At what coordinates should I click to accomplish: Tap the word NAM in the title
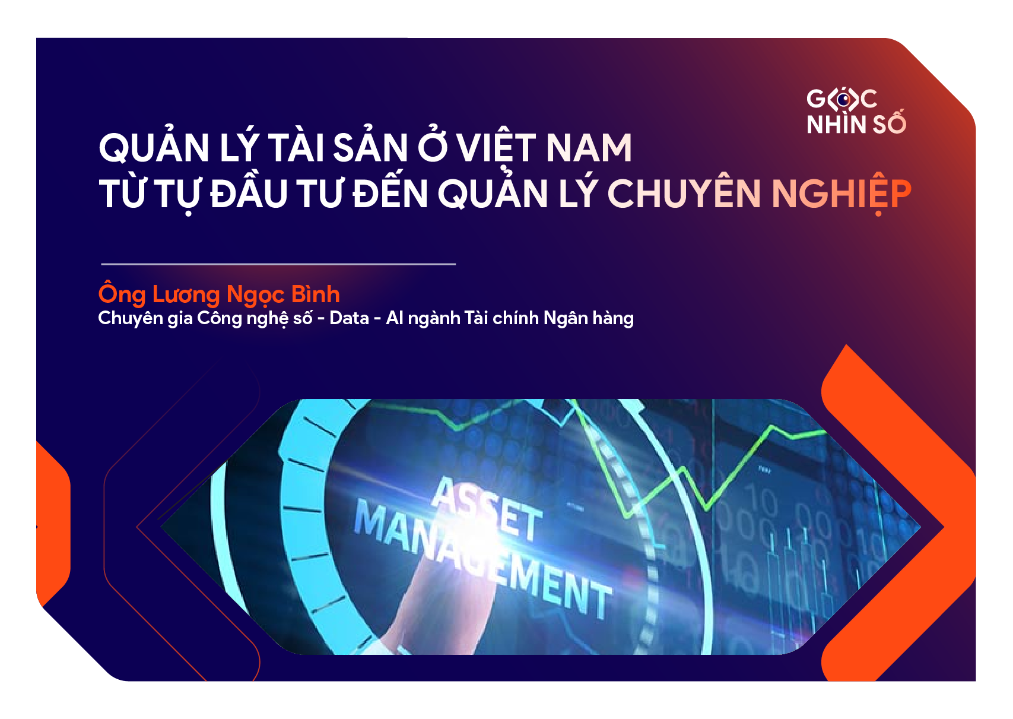point(589,148)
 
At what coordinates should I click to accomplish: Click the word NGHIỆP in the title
point(841,194)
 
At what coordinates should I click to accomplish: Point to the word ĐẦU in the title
point(249,194)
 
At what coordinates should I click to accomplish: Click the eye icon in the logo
point(843,99)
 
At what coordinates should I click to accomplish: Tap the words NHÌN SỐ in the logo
point(856,124)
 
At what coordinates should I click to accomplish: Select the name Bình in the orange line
point(316,294)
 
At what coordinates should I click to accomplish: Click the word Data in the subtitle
point(349,318)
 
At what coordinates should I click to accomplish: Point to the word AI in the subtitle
point(394,318)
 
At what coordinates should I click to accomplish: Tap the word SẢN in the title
point(370,148)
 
